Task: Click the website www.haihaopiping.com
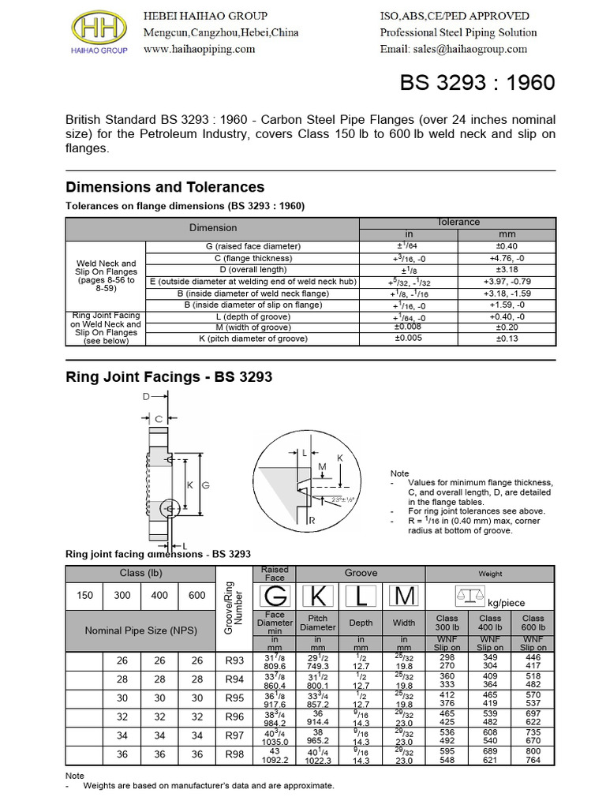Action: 200,49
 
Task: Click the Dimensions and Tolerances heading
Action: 164,188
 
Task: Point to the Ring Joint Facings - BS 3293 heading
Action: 168,377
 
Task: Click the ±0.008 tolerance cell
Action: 409,327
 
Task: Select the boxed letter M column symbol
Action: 404,597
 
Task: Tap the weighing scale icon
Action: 470,597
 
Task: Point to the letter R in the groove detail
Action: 312,521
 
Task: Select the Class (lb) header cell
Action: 141,573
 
